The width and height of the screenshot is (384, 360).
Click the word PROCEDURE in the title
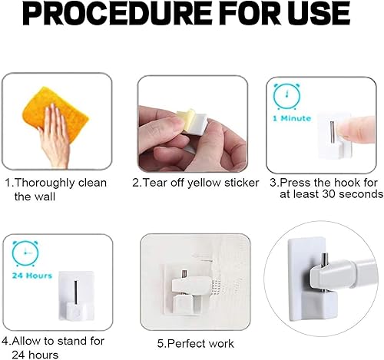tap(118, 13)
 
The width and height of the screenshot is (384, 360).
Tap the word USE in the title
tap(318, 13)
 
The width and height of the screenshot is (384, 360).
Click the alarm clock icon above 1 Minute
tap(287, 97)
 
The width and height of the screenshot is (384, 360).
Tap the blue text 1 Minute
tap(292, 118)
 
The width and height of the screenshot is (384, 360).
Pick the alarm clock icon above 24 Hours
tap(25, 253)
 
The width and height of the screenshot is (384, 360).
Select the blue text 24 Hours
tap(32, 276)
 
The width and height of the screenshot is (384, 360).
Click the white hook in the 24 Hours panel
tap(76, 296)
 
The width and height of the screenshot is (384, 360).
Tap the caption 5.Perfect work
tap(196, 344)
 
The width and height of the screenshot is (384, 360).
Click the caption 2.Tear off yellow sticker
tap(196, 183)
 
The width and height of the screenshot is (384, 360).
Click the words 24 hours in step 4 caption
tap(35, 355)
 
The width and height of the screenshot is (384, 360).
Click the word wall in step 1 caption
tap(45, 197)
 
